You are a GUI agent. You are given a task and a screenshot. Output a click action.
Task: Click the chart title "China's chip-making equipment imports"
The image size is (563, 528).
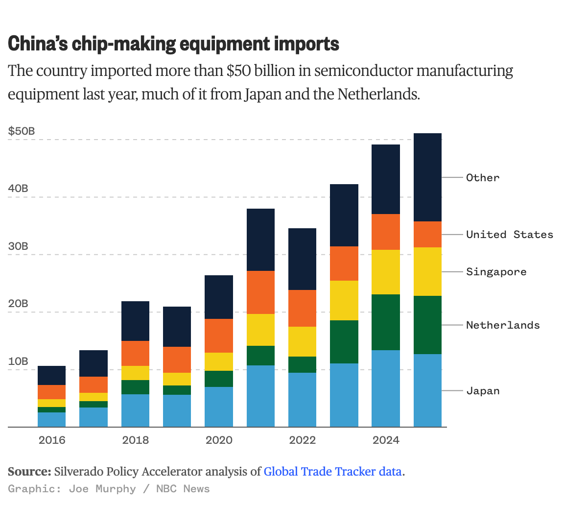point(173,44)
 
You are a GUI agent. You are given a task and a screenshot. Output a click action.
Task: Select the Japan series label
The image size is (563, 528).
point(483,391)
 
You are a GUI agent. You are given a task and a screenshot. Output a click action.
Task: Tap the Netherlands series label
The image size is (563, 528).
point(503,325)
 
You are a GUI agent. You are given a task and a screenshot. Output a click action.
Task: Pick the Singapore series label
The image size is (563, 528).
point(496,272)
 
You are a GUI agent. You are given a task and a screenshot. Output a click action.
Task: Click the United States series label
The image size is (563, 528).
point(509,235)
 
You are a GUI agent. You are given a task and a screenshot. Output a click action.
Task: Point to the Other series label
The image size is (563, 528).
point(483,178)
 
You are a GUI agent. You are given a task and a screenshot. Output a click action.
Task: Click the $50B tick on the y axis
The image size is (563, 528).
point(22,131)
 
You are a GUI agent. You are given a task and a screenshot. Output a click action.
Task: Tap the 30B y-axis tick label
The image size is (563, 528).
point(18,246)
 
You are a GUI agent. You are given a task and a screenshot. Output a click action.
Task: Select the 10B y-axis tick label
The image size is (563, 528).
point(18,361)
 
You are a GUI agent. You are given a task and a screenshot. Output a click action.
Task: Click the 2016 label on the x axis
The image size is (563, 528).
point(52,440)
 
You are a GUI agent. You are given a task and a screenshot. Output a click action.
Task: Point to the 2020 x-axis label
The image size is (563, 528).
point(219,440)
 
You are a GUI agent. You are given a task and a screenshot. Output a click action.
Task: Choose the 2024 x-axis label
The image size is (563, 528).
point(386,440)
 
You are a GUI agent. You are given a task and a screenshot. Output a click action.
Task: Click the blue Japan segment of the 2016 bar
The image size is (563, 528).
point(51,420)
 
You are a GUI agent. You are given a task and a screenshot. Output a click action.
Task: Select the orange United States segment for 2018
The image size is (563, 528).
point(135,353)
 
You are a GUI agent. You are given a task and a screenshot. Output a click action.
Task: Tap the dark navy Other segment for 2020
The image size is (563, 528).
point(219,297)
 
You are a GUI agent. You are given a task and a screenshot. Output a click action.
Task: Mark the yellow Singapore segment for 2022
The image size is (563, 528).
point(302,341)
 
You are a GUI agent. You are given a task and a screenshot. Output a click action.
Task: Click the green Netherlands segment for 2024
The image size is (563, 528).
point(386,322)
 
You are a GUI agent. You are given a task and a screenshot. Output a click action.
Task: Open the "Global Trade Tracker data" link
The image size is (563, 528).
point(332,472)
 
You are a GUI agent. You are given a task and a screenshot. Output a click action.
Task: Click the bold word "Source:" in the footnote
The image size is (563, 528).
point(29,472)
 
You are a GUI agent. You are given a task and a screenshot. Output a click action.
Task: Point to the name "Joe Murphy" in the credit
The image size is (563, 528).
point(102,489)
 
